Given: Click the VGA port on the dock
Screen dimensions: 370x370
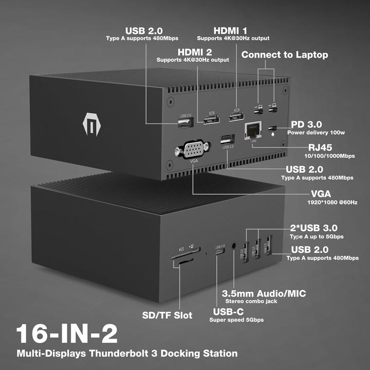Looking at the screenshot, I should pos(192,151).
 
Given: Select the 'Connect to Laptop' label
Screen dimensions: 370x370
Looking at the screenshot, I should pos(284,54).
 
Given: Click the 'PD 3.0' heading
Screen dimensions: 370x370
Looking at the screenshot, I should pos(306,124).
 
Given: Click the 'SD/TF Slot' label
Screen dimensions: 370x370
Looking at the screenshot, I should pos(168,315).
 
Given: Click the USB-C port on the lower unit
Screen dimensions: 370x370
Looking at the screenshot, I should pos(220,254).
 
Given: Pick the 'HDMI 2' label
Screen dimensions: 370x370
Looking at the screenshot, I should pos(195,52).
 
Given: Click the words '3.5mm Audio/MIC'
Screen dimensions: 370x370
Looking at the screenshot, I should pos(264,293).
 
